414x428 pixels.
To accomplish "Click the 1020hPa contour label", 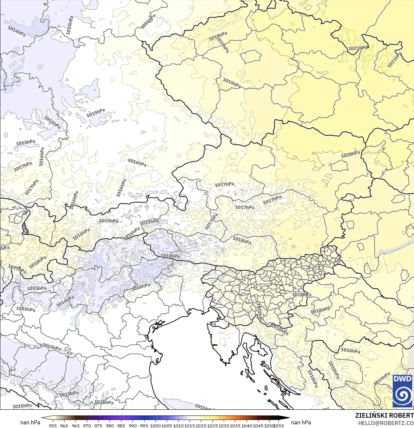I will pos(350,155).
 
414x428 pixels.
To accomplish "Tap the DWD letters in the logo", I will pos(402,379).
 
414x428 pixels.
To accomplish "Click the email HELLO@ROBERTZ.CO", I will pos(386,423).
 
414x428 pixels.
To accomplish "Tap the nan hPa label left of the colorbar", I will pos(30,422).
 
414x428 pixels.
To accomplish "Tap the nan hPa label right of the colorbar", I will pos(301,422).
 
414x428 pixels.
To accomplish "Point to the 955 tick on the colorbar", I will pos(52,425).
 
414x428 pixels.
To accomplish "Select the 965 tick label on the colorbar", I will pos(75,425).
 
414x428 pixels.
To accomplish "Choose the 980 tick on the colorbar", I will pos(110,425).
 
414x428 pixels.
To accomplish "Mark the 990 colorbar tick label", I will pos(132,425).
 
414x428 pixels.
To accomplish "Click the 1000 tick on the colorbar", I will pos(155,425).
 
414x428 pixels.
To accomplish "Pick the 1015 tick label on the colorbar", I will pos(190,425).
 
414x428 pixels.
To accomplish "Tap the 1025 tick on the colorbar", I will pos(212,425).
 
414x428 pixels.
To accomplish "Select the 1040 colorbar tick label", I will pos(247,425).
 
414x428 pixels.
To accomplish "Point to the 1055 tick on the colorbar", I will pos(279,425).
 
